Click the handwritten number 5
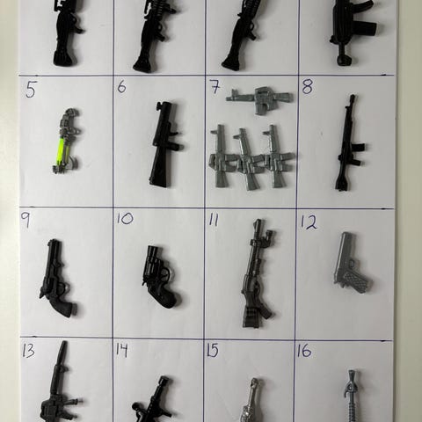[x=31, y=90]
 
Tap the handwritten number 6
[x=122, y=86]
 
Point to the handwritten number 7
[x=215, y=87]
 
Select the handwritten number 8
[x=308, y=86]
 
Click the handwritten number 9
[x=25, y=220]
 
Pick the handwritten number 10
[x=125, y=219]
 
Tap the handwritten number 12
[x=309, y=222]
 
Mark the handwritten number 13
[x=29, y=351]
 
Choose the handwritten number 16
[x=304, y=351]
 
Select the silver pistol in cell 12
[x=353, y=264]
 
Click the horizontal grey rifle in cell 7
[x=259, y=98]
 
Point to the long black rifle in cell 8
[x=350, y=143]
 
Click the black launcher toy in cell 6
[x=164, y=144]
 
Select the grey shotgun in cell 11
[x=257, y=274]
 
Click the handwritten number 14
[x=121, y=351]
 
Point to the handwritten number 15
[x=213, y=351]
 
